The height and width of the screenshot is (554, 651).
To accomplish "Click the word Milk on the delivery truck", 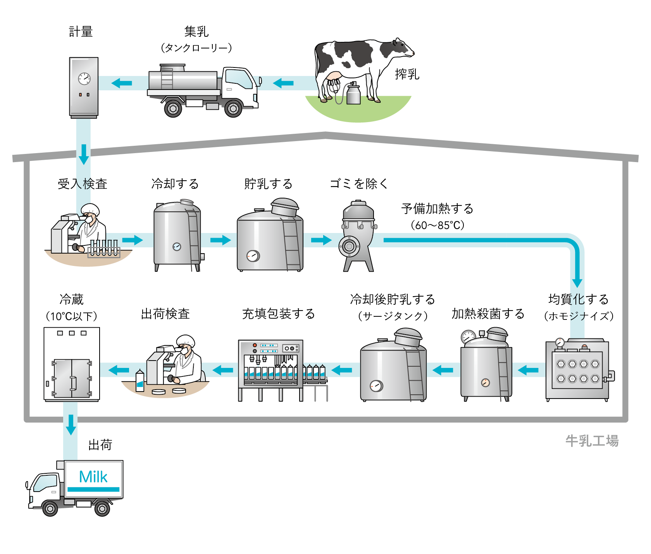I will pyautogui.click(x=93, y=477).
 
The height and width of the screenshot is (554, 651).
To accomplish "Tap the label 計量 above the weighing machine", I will pyautogui.click(x=81, y=32).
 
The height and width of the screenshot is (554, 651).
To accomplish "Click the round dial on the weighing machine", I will pyautogui.click(x=84, y=79).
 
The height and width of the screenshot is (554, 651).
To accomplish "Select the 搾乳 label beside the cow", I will pyautogui.click(x=407, y=74).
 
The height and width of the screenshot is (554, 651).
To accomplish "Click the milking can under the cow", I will pyautogui.click(x=353, y=94).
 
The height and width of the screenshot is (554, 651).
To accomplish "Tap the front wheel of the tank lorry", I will pyautogui.click(x=233, y=109).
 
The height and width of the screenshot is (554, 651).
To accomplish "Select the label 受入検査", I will pyautogui.click(x=82, y=184).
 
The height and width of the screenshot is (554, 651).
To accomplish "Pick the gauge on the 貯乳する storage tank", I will pyautogui.click(x=253, y=255).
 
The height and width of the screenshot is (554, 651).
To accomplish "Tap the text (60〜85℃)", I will pyautogui.click(x=437, y=225).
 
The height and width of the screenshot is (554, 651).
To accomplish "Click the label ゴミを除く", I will pyautogui.click(x=358, y=184).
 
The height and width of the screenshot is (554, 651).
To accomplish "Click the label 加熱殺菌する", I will pyautogui.click(x=488, y=314).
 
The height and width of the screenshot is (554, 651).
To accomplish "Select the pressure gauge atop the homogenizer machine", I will pyautogui.click(x=560, y=342).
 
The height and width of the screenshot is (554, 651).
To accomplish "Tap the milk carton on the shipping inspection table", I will pyautogui.click(x=140, y=381).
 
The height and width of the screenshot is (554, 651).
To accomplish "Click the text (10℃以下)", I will pyautogui.click(x=71, y=316).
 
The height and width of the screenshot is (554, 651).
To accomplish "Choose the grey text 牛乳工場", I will pyautogui.click(x=592, y=441).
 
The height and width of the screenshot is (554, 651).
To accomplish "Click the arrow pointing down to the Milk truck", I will pyautogui.click(x=71, y=425).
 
